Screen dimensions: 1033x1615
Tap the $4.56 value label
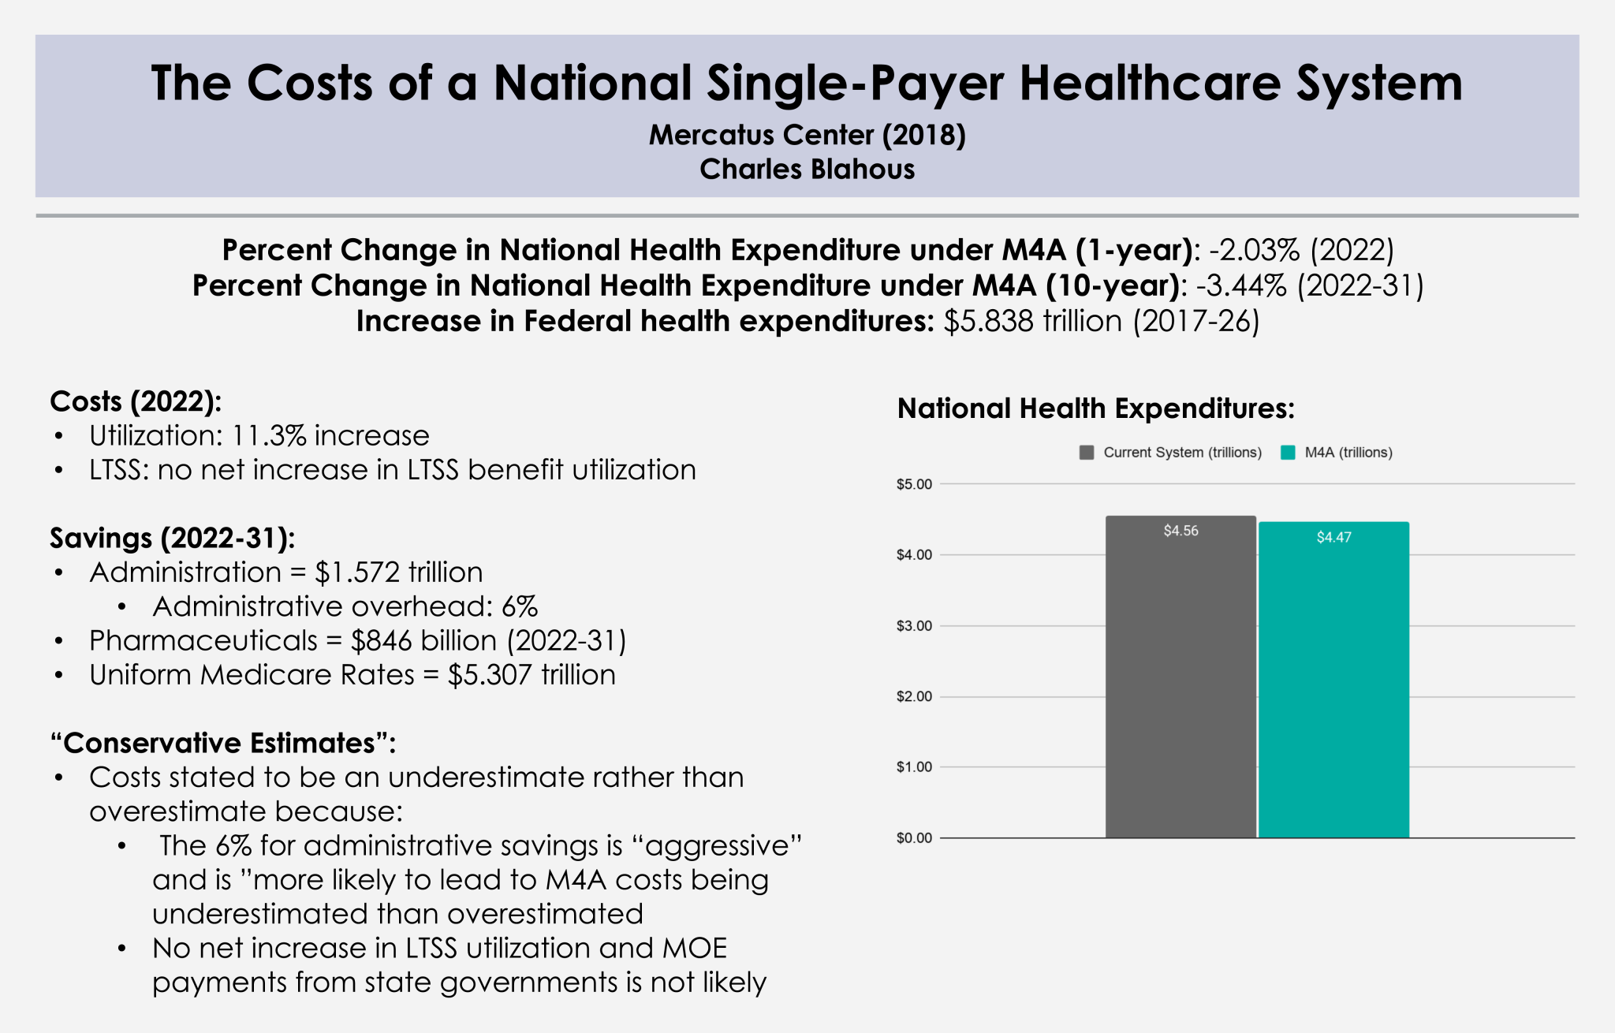pyautogui.click(x=1180, y=531)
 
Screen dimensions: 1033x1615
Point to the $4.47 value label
pyautogui.click(x=1333, y=537)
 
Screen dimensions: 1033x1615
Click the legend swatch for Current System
pyautogui.click(x=1087, y=453)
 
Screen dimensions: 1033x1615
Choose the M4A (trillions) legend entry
pyautogui.click(x=1348, y=453)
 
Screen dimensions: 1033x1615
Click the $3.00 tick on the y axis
pyautogui.click(x=914, y=626)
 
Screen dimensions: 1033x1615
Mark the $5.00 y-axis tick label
pyautogui.click(x=914, y=484)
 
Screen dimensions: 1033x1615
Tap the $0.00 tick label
pyautogui.click(x=914, y=837)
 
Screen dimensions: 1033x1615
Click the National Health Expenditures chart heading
pyautogui.click(x=1096, y=408)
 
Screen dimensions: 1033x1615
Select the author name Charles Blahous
pyautogui.click(x=807, y=170)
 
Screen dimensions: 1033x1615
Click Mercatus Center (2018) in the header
pyautogui.click(x=807, y=135)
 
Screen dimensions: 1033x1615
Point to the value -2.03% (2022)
pyautogui.click(x=1301, y=250)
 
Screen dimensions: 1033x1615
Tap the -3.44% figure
pyautogui.click(x=1241, y=285)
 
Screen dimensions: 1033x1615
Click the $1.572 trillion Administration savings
pyautogui.click(x=398, y=572)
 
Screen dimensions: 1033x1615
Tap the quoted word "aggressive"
pyautogui.click(x=717, y=846)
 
